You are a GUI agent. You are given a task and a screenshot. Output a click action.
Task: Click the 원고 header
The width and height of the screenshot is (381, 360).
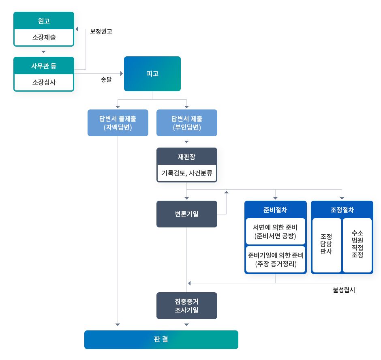(x=44, y=21)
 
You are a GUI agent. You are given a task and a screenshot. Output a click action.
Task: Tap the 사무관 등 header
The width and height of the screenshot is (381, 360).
(x=44, y=66)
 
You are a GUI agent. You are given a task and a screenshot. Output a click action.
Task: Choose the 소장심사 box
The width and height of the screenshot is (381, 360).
(x=44, y=83)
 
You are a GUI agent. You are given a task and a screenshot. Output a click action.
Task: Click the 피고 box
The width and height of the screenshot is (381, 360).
(x=152, y=74)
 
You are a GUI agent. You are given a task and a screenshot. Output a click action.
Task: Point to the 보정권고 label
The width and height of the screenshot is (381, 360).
(x=101, y=31)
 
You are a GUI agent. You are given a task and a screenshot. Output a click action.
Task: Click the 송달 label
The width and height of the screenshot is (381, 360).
(x=106, y=80)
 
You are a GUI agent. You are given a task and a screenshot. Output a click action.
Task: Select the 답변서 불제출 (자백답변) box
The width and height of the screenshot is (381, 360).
(x=118, y=123)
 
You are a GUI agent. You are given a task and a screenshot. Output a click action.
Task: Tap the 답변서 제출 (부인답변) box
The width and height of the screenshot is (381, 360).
(x=186, y=123)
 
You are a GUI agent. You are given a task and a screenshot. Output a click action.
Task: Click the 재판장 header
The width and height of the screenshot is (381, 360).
(x=186, y=157)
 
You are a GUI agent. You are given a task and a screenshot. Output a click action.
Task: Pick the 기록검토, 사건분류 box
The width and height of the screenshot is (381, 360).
(x=186, y=173)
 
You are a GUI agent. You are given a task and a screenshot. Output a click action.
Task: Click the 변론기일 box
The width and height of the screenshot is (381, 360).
(x=186, y=214)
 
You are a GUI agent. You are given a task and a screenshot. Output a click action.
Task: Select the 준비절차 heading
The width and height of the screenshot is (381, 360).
(x=275, y=210)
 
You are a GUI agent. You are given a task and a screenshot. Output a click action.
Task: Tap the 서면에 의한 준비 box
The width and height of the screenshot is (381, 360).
(x=275, y=231)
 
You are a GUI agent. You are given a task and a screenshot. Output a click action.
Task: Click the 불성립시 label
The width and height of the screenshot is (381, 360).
(x=344, y=290)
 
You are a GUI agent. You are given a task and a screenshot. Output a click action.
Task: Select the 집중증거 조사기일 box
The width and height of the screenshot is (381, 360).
(x=186, y=306)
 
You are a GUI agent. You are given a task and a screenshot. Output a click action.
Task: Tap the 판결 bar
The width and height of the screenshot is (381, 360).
(x=161, y=339)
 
